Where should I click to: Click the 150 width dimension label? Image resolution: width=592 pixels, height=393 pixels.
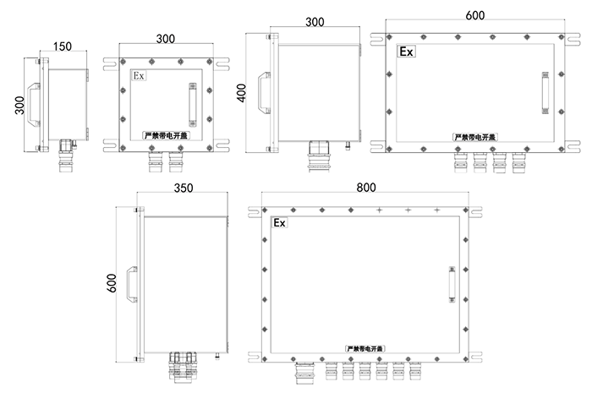pyautogui.click(x=63, y=46)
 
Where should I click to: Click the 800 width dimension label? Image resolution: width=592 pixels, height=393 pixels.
pyautogui.click(x=366, y=188)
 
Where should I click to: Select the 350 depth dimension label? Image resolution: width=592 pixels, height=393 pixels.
pyautogui.click(x=184, y=188)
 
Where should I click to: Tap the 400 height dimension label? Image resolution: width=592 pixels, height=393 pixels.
pyautogui.click(x=242, y=93)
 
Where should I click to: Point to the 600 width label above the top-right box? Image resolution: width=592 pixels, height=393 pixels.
pyautogui.click(x=475, y=15)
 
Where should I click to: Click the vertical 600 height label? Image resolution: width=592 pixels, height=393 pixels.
pyautogui.click(x=112, y=283)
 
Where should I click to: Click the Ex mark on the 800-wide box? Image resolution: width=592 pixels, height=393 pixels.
pyautogui.click(x=279, y=223)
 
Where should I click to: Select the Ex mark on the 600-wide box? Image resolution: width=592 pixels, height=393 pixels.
pyautogui.click(x=406, y=52)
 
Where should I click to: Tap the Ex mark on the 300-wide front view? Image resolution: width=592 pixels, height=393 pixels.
pyautogui.click(x=139, y=76)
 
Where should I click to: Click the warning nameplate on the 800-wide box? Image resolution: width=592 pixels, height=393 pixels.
pyautogui.click(x=365, y=348)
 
